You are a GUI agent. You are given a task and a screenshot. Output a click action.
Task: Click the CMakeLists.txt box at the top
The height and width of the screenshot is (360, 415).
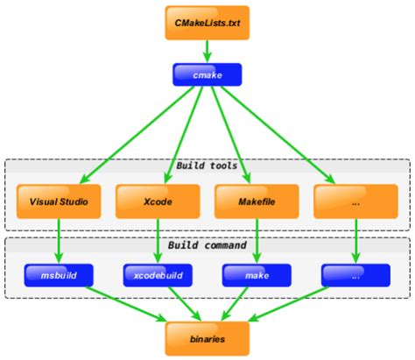pos(207,22)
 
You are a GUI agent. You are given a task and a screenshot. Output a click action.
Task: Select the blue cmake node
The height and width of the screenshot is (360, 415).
pos(207,76)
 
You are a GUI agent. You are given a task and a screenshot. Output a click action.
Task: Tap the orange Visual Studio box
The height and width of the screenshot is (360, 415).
pos(58,201)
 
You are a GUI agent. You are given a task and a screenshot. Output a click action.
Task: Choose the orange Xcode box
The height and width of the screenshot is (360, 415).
pos(157,201)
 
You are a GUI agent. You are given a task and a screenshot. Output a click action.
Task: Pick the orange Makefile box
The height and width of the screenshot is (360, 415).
pos(256,201)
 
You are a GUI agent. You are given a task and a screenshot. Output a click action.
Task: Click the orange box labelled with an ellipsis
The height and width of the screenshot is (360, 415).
pos(355,201)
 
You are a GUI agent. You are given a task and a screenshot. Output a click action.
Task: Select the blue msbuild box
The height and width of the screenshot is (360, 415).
pos(58,275)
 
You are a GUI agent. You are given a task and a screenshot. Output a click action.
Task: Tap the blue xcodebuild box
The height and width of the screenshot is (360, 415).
pos(157,275)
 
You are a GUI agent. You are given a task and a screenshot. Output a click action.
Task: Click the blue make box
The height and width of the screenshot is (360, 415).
pos(256,275)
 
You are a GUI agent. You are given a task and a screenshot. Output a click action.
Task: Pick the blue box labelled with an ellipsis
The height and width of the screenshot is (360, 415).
pos(355,275)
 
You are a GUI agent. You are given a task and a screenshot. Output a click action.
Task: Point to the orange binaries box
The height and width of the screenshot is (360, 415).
pos(207,336)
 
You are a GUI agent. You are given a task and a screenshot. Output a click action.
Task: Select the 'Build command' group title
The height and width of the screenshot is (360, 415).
pos(207,246)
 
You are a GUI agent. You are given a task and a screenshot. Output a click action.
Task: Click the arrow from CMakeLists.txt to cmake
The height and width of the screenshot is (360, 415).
pos(207,51)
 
